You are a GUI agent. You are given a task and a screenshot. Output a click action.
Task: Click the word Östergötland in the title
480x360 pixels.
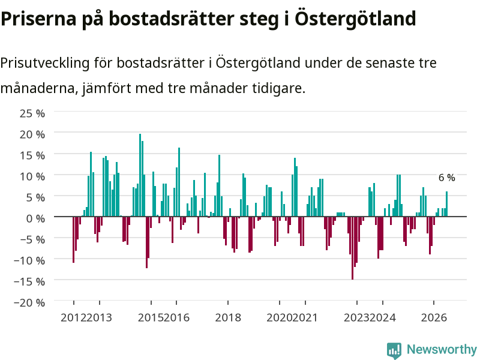point(355,19)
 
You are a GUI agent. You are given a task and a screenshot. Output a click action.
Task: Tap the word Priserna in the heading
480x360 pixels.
point(38,19)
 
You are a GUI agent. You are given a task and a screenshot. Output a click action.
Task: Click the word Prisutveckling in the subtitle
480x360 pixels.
point(45,64)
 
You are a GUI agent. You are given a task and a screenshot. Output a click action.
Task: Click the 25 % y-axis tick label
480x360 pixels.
point(32,113)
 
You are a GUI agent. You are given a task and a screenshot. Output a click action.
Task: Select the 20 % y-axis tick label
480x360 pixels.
point(32,134)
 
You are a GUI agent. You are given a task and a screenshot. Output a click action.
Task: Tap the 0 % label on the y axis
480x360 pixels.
point(35,218)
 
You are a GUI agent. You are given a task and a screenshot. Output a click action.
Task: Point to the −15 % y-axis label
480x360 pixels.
point(29,281)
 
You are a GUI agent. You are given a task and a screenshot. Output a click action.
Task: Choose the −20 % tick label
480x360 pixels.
point(29,302)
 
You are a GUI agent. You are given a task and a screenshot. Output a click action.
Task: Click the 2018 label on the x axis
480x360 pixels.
point(228,317)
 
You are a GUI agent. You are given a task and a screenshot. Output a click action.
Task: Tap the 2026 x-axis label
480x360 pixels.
point(434,317)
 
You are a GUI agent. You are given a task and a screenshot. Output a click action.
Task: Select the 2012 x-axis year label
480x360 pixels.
point(73,317)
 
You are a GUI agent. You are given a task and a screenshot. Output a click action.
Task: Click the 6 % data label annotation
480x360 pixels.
point(447,178)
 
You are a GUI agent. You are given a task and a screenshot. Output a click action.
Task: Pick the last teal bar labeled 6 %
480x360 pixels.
point(446,204)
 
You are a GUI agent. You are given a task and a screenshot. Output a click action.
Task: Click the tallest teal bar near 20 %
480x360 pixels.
point(140,175)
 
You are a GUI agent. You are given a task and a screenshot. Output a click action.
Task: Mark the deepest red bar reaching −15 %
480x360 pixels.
point(352,248)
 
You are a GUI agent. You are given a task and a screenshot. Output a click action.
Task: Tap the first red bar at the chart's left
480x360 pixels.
point(73,239)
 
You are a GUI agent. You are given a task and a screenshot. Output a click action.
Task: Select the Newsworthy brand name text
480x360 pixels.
point(442,349)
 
